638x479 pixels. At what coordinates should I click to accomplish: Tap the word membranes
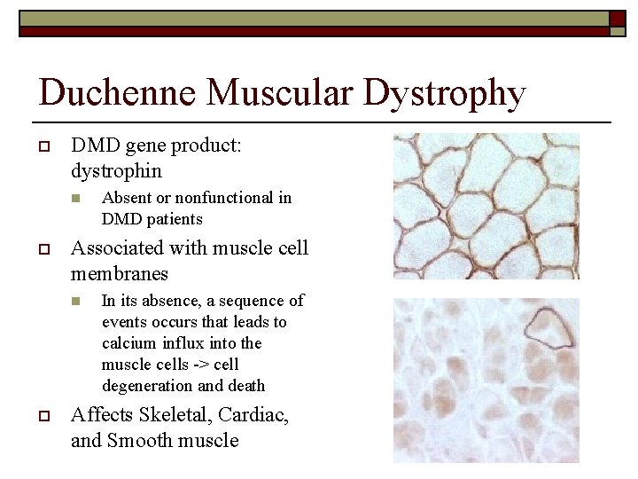pos(120,273)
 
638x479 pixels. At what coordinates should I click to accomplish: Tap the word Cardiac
pos(254,415)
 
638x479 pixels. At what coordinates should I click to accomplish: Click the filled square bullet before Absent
pos(77,198)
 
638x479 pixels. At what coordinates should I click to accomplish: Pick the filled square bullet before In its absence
pos(77,302)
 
